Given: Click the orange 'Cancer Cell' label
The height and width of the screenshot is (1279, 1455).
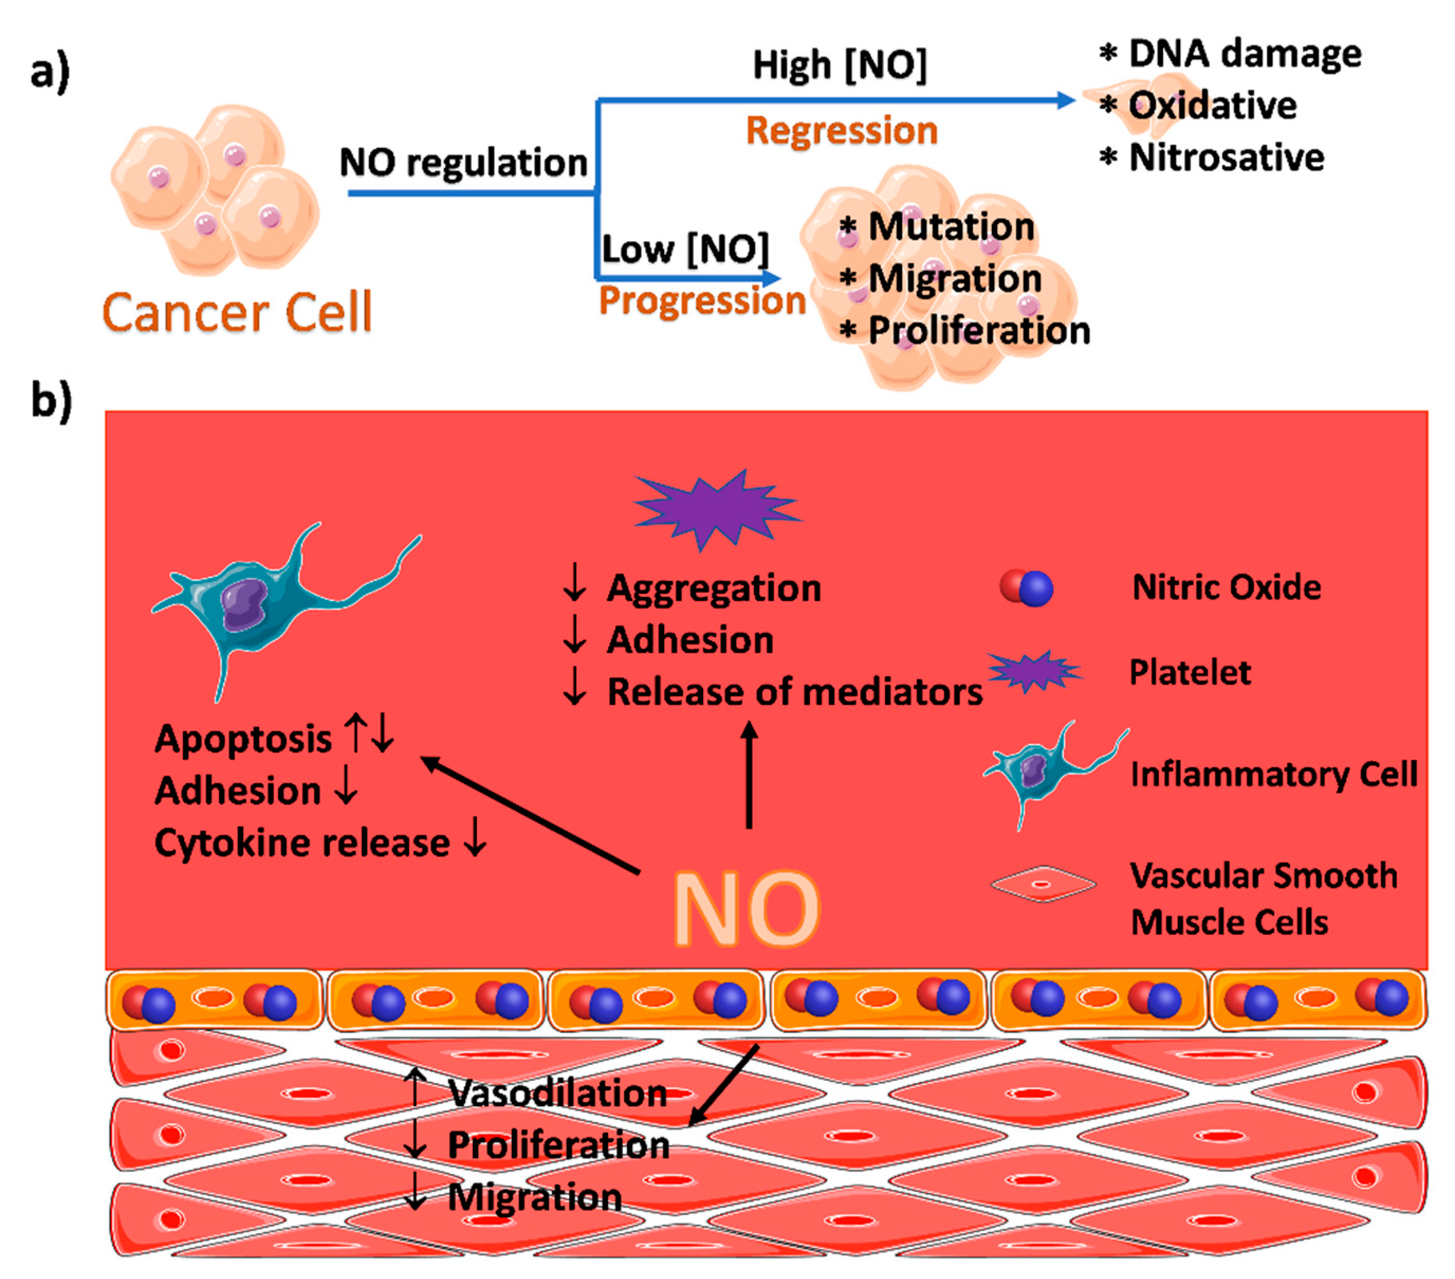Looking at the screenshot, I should click(x=237, y=312).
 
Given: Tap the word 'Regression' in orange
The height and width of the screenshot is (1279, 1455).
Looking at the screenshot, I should click(x=841, y=132).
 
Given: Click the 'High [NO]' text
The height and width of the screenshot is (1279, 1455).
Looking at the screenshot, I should click(x=840, y=66).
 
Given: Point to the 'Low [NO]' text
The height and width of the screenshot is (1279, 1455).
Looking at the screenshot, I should click(x=685, y=249).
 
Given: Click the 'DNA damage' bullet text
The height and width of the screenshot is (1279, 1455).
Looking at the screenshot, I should click(x=1244, y=54).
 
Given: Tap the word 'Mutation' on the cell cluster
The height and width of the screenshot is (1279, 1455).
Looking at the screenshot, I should click(x=951, y=227).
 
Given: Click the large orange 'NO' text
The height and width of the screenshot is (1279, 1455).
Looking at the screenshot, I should click(x=746, y=909).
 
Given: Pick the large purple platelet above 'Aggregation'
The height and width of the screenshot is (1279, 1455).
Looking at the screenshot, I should click(x=717, y=507).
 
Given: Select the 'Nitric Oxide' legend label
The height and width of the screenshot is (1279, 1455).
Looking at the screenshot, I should click(x=1226, y=587).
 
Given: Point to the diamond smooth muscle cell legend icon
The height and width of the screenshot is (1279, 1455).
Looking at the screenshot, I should click(x=1042, y=884).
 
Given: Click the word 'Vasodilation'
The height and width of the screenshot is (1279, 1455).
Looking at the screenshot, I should click(x=557, y=1092).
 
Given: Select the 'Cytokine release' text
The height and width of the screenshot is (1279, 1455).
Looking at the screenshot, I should click(x=302, y=843).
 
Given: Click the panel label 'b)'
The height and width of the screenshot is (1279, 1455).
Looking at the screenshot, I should click(x=51, y=400).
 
